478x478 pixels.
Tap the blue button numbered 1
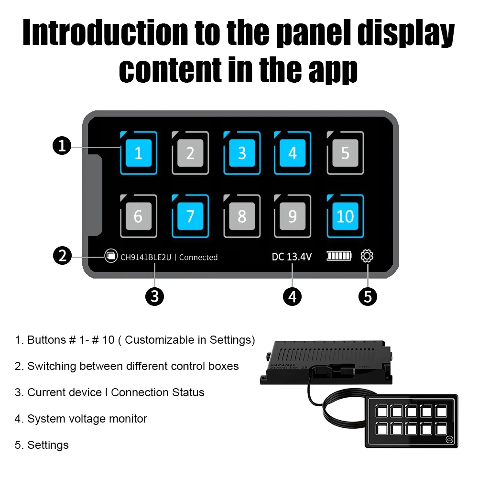tap(139, 153)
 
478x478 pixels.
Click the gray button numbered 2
tap(190, 153)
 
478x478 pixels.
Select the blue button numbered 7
tap(190, 216)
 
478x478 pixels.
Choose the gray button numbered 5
tap(345, 153)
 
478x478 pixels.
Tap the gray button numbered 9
tap(293, 216)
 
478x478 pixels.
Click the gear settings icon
tap(367, 256)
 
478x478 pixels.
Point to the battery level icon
tap(339, 256)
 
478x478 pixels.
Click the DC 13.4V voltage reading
tap(292, 257)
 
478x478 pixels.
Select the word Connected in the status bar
tap(198, 257)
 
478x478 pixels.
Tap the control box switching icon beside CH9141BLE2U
tap(111, 256)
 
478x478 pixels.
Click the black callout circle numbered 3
tap(154, 297)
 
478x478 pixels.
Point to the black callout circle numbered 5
tap(368, 297)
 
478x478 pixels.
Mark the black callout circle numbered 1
tap(62, 145)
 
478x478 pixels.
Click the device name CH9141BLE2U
tap(146, 257)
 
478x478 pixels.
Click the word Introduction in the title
tap(105, 33)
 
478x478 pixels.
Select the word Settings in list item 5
tap(48, 445)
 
